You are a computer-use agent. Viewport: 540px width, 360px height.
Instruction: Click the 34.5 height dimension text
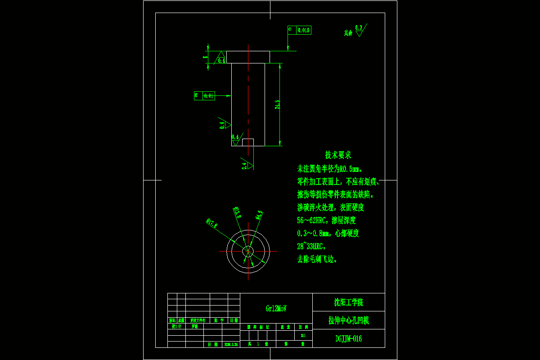click(x=278, y=104)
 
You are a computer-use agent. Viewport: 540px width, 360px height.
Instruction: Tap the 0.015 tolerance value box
click(x=304, y=30)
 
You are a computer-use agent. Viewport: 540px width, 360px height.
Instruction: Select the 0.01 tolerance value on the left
click(x=208, y=95)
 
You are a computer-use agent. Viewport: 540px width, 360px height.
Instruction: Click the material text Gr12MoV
click(x=276, y=309)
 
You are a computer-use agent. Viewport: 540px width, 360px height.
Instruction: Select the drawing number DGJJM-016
click(x=348, y=339)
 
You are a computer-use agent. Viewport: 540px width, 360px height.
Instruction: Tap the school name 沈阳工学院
click(x=348, y=302)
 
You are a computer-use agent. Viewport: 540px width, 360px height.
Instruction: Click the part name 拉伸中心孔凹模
click(x=348, y=320)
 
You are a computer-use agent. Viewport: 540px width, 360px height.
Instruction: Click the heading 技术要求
click(x=338, y=155)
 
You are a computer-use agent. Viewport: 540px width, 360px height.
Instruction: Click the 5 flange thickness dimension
click(x=206, y=57)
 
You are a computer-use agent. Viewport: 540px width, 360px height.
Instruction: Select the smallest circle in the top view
click(x=247, y=251)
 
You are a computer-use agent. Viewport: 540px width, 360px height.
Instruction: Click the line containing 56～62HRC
click(x=326, y=220)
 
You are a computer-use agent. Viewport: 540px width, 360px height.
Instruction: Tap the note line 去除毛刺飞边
click(x=317, y=259)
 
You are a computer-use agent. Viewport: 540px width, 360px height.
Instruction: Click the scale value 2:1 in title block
click(x=303, y=335)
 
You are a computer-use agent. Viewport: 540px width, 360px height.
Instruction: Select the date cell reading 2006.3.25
click(x=231, y=344)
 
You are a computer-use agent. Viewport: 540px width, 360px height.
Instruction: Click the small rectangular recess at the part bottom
click(x=247, y=142)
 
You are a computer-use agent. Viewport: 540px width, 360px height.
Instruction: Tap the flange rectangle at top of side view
click(x=248, y=57)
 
